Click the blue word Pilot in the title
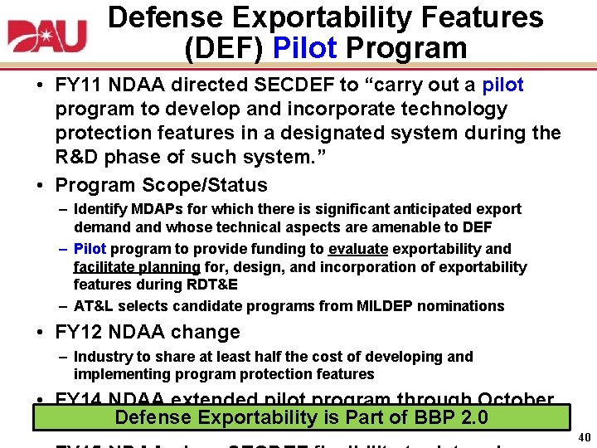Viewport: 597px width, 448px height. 303,48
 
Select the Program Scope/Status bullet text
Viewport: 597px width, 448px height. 161,185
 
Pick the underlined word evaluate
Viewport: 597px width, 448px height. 358,249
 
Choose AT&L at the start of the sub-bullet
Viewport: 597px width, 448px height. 93,306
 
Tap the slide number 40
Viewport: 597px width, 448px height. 583,438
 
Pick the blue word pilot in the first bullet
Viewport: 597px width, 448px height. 502,85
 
